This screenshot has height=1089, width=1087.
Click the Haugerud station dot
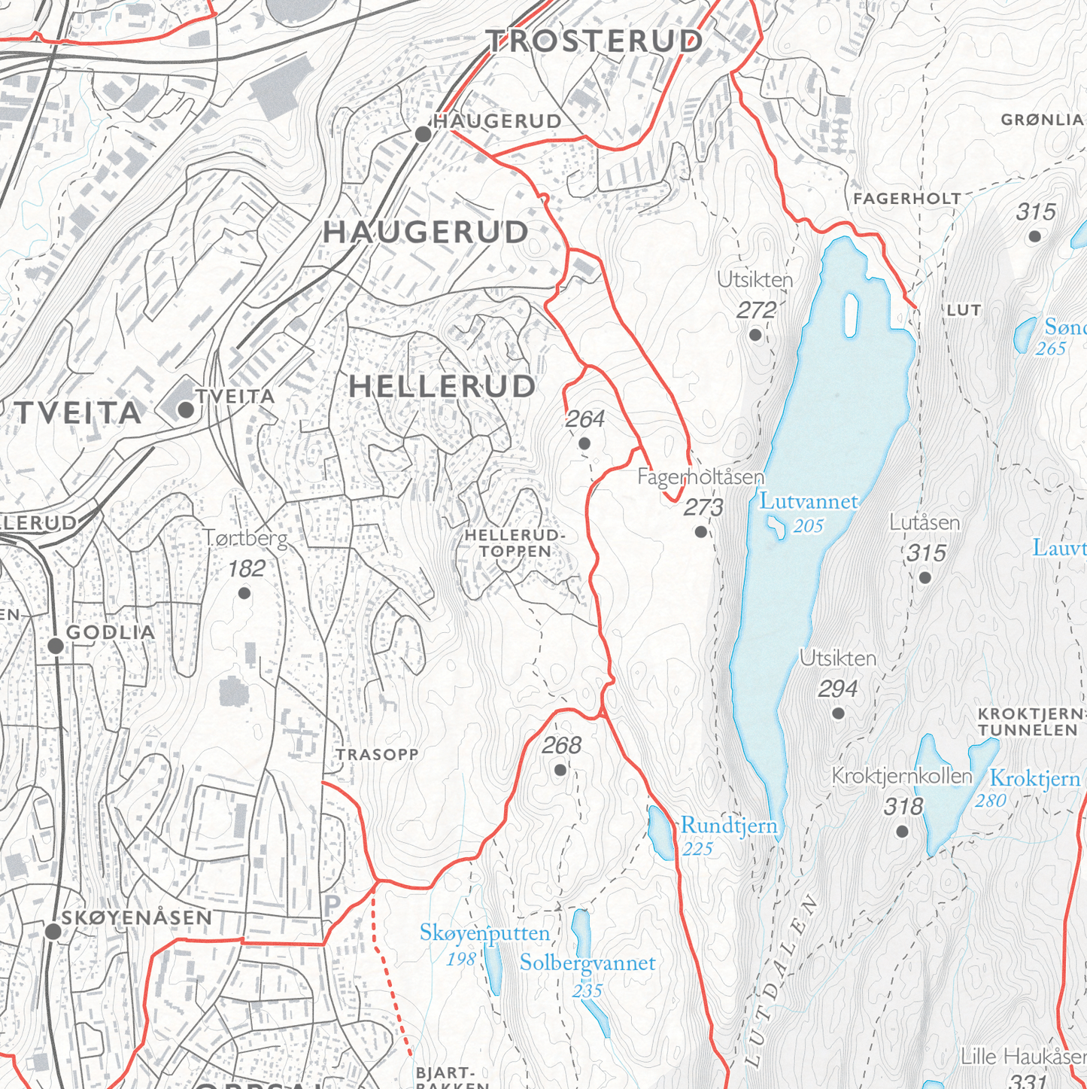pyautogui.click(x=423, y=134)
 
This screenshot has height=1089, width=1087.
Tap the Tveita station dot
pyautogui.click(x=186, y=410)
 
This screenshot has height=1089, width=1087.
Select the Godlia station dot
pyautogui.click(x=56, y=646)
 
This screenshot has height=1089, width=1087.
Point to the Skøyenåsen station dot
pyautogui.click(x=53, y=932)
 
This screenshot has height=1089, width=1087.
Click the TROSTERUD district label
pyautogui.click(x=595, y=41)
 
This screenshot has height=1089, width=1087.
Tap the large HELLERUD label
pyautogui.click(x=442, y=386)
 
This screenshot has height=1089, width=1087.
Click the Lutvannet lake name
pyautogui.click(x=808, y=501)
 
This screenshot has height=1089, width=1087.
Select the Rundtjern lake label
pyautogui.click(x=728, y=826)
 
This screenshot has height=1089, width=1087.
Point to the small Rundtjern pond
pyautogui.click(x=662, y=832)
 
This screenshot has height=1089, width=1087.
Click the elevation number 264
pyautogui.click(x=584, y=419)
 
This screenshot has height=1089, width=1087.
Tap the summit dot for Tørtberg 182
pyautogui.click(x=244, y=594)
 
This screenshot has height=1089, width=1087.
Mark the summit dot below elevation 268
pyautogui.click(x=560, y=770)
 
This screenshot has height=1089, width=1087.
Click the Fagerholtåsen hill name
pyautogui.click(x=700, y=477)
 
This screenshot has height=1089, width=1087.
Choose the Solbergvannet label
pyautogui.click(x=588, y=963)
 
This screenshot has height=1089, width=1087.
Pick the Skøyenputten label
pyautogui.click(x=484, y=933)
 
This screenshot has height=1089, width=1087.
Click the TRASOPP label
pyautogui.click(x=377, y=754)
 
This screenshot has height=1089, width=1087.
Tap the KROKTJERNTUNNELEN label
pyautogui.click(x=1029, y=722)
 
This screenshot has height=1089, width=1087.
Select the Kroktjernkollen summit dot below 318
pyautogui.click(x=902, y=832)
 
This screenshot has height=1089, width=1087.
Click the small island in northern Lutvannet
pyautogui.click(x=852, y=315)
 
